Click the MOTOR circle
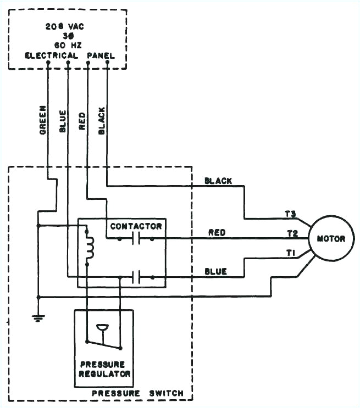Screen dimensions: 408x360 (x=331, y=239)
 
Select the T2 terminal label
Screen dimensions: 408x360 (x=292, y=233)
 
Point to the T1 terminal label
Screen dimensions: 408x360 (x=291, y=253)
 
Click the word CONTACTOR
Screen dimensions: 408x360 (x=136, y=226)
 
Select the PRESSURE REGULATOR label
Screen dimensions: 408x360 (x=104, y=369)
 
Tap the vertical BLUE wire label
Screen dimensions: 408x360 (x=62, y=121)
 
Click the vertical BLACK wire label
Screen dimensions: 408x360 (x=101, y=120)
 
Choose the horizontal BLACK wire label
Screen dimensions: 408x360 (x=218, y=181)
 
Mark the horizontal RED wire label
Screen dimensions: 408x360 (x=217, y=233)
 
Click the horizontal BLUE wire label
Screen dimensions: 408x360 (x=215, y=271)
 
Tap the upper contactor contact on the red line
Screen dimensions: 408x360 (x=136, y=239)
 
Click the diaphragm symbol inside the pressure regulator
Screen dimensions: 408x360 (x=102, y=329)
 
